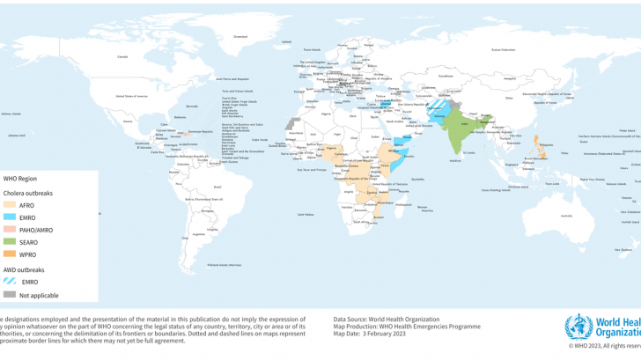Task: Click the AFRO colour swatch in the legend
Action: click(11, 204)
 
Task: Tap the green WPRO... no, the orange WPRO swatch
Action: click(11, 253)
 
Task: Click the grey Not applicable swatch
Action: click(11, 295)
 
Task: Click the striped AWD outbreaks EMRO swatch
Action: click(11, 282)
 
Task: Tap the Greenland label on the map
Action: click(239, 36)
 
